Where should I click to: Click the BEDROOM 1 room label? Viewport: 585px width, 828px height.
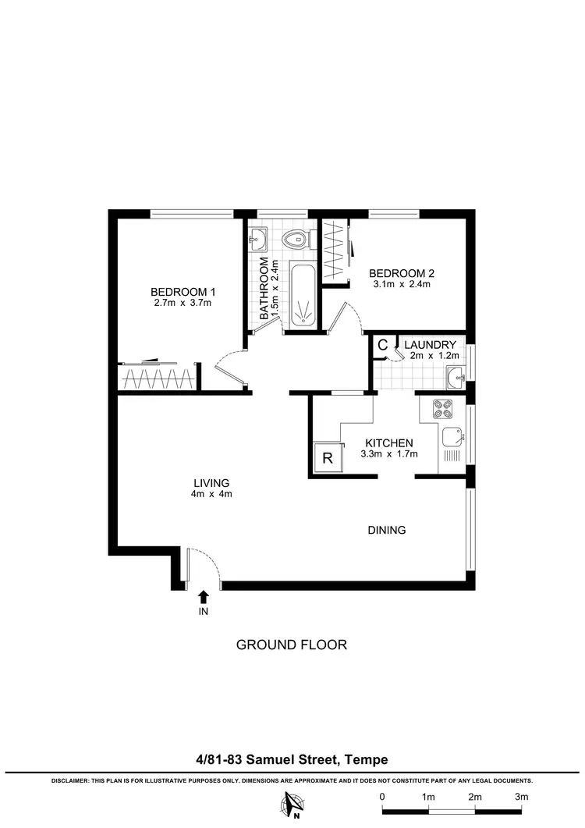point(183,292)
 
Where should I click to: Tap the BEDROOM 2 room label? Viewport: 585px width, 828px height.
point(401,273)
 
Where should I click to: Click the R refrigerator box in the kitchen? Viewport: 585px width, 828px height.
point(328,458)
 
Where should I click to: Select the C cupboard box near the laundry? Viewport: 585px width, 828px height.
point(383,345)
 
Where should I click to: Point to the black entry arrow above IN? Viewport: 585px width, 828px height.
point(203,597)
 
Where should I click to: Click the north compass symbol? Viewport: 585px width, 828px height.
point(294,803)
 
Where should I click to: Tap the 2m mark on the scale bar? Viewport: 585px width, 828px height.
point(475,797)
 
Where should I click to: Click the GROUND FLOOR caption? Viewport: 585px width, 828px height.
point(291,645)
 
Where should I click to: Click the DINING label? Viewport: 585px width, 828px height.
point(387,530)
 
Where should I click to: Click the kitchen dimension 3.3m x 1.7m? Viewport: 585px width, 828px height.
point(387,454)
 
